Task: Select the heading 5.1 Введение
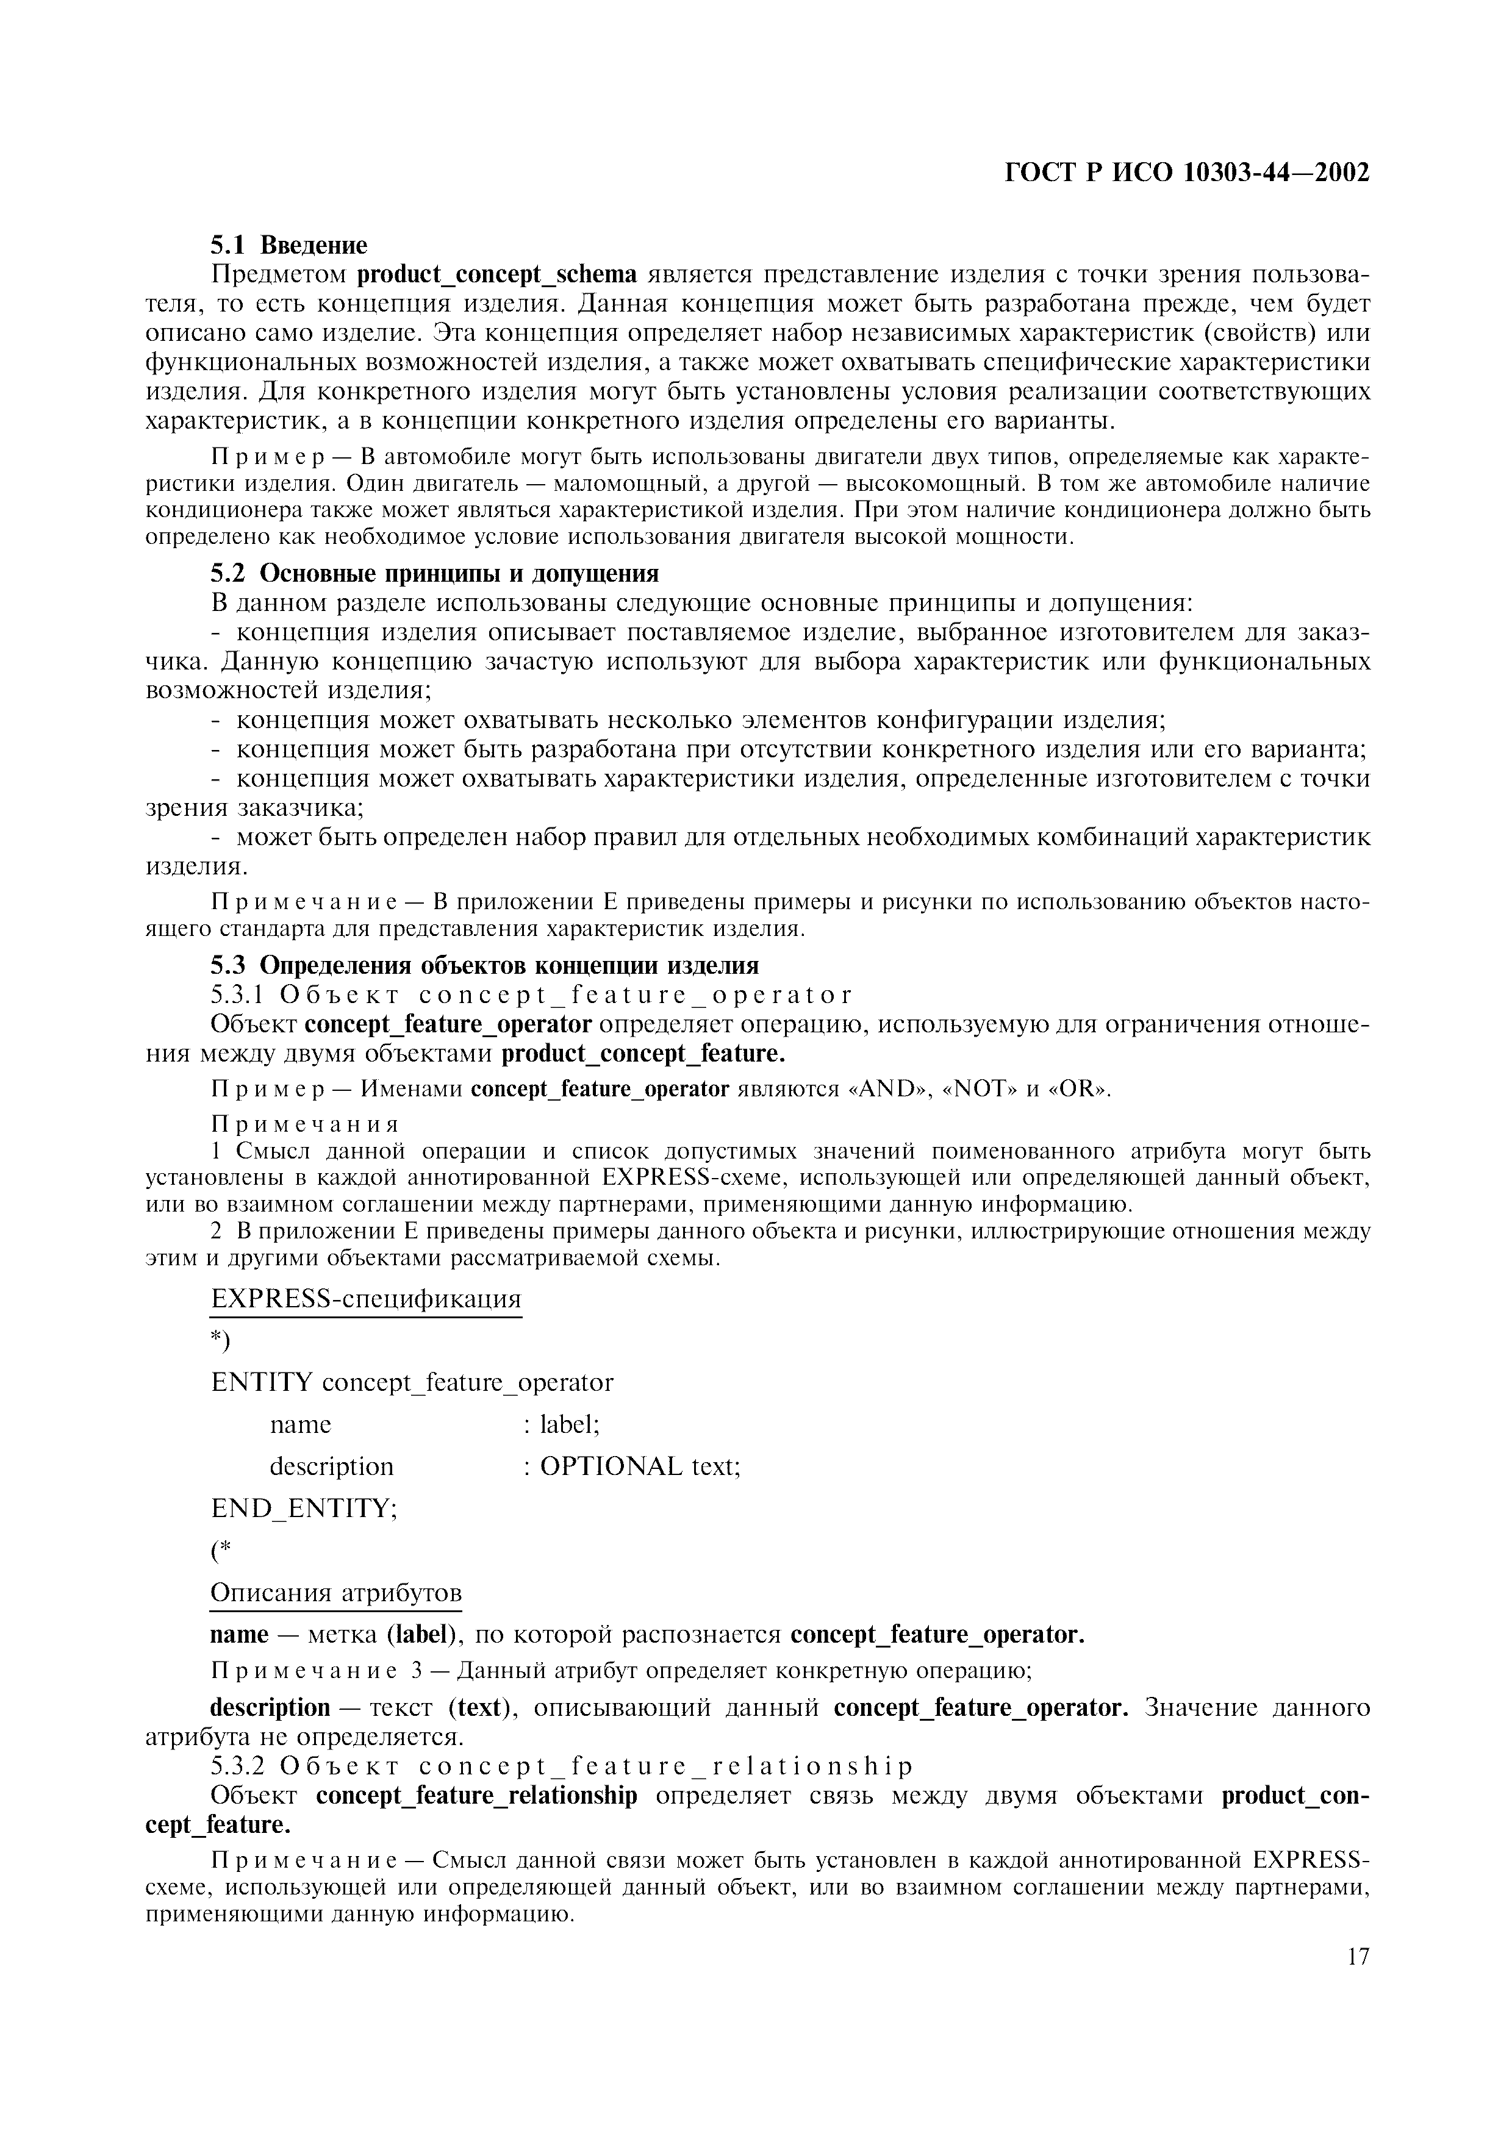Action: pos(288,245)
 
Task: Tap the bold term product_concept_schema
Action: pos(498,274)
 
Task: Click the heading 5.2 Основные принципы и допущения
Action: pos(434,572)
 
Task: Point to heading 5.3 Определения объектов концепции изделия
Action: pos(484,964)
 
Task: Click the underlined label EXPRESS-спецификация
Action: pos(366,1299)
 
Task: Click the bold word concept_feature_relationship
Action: pos(477,1795)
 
